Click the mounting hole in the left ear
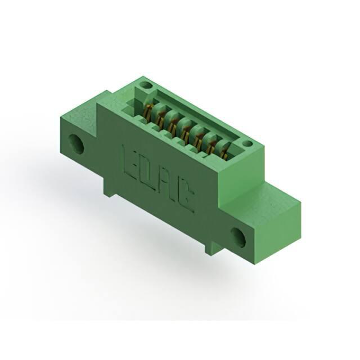pyautogui.click(x=76, y=143)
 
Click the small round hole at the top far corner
pyautogui.click(x=145, y=85)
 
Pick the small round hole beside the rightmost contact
pyautogui.click(x=248, y=143)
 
